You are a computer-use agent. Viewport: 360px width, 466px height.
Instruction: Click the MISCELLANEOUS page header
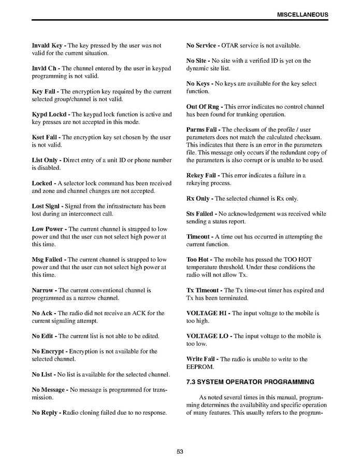click(302, 15)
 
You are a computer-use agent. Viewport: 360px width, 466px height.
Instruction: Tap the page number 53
click(180, 451)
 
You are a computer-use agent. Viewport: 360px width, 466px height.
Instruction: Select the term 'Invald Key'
click(47, 46)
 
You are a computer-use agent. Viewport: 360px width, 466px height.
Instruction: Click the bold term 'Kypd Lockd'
click(50, 115)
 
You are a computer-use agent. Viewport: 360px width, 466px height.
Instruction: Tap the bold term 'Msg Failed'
click(48, 260)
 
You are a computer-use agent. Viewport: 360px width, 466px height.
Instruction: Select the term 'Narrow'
click(44, 290)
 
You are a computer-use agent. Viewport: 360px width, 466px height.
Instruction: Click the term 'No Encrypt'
click(49, 351)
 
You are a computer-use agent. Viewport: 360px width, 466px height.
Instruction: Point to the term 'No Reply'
click(45, 413)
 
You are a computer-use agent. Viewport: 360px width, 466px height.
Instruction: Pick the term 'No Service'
click(201, 46)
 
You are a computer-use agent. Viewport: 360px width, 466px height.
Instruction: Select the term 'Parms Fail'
click(202, 130)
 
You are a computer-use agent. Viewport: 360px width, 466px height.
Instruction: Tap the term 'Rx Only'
click(198, 199)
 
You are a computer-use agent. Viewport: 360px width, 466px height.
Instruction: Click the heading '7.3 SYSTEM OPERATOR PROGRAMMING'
click(250, 383)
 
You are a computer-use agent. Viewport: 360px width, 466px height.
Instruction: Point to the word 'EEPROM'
click(198, 367)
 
